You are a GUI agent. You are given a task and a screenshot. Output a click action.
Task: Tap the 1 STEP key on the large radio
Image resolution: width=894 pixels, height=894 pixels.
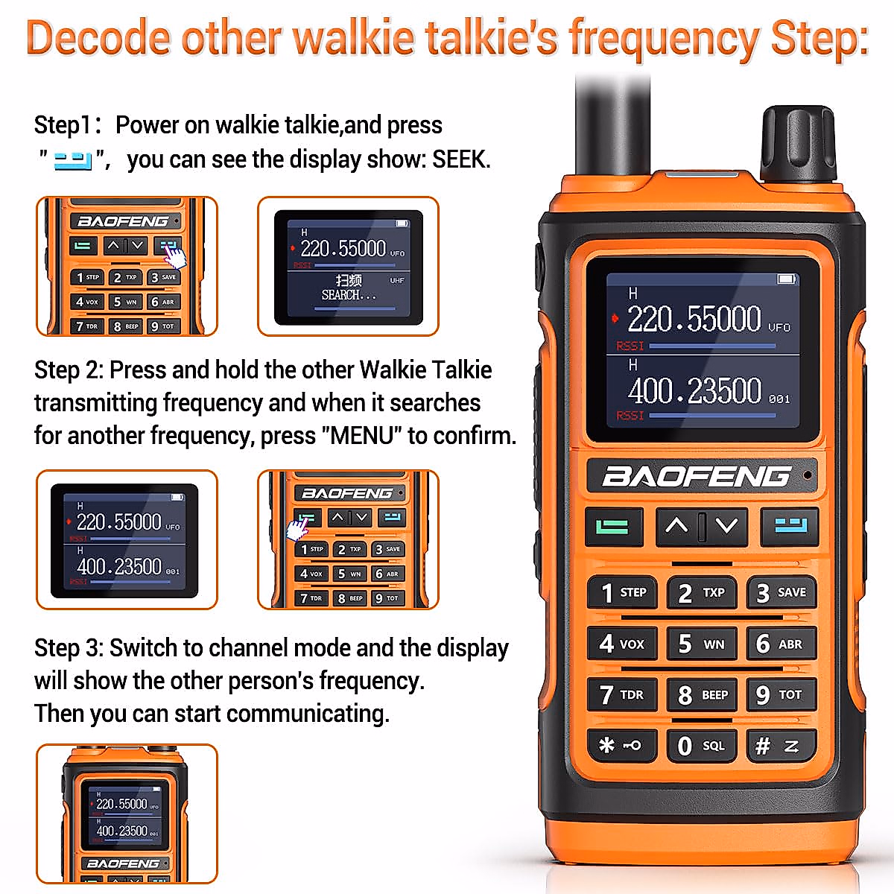pyautogui.click(x=623, y=592)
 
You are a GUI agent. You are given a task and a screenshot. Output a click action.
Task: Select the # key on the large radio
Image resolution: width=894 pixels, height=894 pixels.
pyautogui.click(x=780, y=746)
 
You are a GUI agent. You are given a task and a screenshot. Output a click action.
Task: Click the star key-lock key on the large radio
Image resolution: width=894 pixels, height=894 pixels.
pyautogui.click(x=621, y=746)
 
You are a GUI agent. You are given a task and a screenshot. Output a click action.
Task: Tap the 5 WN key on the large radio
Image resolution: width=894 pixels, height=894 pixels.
pyautogui.click(x=702, y=644)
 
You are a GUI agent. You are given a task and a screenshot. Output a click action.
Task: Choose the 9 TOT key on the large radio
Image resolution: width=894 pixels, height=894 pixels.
pyautogui.click(x=780, y=695)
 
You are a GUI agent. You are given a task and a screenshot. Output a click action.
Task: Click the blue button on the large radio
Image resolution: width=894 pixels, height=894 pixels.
pyautogui.click(x=790, y=526)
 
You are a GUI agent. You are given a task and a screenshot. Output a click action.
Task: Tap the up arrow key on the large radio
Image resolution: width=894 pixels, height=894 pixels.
pyautogui.click(x=676, y=526)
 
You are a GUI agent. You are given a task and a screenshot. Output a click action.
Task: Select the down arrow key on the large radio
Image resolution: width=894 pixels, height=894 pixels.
pyautogui.click(x=726, y=526)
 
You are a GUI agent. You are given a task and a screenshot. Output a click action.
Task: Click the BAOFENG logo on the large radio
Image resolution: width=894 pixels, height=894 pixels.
pyautogui.click(x=696, y=476)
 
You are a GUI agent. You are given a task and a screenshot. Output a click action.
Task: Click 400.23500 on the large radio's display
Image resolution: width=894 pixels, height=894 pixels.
pyautogui.click(x=694, y=391)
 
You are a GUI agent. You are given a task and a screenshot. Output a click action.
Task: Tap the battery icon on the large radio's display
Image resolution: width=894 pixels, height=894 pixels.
pyautogui.click(x=786, y=279)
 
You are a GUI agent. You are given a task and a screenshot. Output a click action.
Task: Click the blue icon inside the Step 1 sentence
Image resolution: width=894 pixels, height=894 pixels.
pyautogui.click(x=73, y=160)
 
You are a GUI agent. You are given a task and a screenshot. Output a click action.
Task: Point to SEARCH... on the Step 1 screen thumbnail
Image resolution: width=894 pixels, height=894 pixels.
pyautogui.click(x=349, y=295)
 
